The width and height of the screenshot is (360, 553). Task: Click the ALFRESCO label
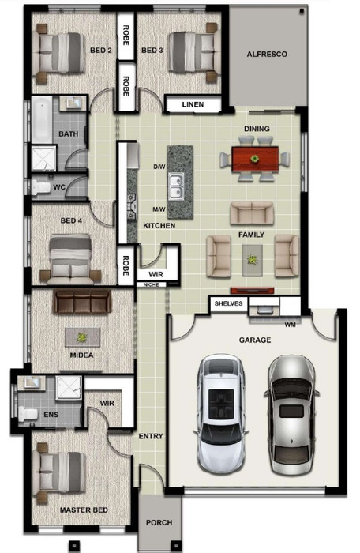click(x=267, y=55)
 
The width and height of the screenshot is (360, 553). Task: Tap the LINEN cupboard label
click(x=193, y=104)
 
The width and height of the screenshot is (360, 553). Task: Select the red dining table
click(x=255, y=159)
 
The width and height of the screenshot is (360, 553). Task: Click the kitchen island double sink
click(x=175, y=186)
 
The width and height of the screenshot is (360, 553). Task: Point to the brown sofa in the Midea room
click(x=82, y=302)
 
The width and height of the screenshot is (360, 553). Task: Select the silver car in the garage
click(x=291, y=415)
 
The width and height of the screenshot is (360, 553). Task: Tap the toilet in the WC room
click(x=40, y=187)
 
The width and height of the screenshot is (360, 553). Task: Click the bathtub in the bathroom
click(x=42, y=120)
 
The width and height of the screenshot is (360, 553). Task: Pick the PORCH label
click(x=159, y=522)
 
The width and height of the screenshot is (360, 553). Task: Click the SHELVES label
click(x=228, y=303)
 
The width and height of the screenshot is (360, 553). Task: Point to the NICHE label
click(x=152, y=284)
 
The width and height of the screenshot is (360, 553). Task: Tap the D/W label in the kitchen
click(x=159, y=167)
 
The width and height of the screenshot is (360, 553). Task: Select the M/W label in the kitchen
click(x=159, y=209)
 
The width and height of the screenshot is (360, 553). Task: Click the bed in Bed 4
click(x=70, y=258)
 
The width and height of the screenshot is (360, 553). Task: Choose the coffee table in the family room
click(x=252, y=260)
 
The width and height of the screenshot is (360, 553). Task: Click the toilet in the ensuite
click(x=28, y=414)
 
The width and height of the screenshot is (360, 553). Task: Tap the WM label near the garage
click(x=291, y=325)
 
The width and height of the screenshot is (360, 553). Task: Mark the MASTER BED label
click(x=84, y=510)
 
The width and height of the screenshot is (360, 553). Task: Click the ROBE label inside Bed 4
click(x=126, y=265)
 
